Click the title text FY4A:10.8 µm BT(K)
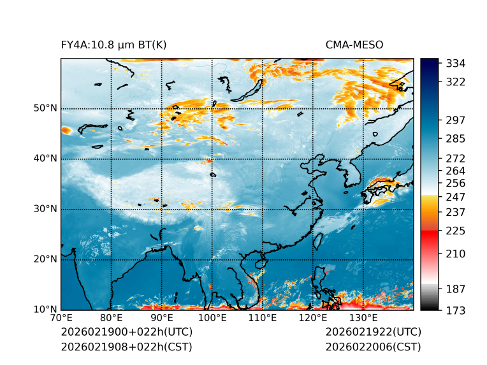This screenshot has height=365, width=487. tap(113, 45)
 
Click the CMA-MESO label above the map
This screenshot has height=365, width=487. tap(354, 45)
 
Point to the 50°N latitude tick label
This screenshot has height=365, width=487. tap(45, 108)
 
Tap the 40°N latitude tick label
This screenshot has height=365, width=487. tap(45, 159)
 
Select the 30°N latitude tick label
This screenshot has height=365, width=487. tap(45, 209)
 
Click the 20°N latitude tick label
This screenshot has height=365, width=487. tap(45, 259)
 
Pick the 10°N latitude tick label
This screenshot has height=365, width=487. tap(45, 310)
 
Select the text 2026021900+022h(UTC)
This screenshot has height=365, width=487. tap(126, 333)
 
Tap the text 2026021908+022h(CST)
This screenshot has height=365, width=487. tap(126, 347)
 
